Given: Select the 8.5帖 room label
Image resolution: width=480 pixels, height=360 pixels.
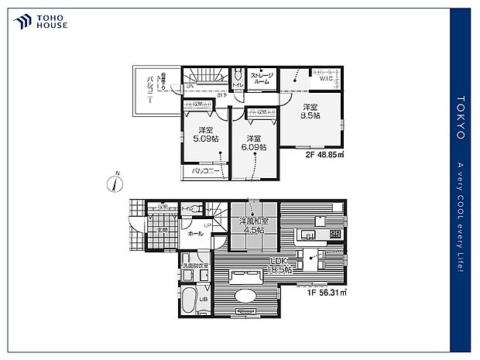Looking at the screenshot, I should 310,111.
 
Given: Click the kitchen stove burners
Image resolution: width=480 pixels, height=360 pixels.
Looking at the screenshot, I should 334,234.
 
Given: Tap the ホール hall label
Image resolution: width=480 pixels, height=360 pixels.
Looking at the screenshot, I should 196,233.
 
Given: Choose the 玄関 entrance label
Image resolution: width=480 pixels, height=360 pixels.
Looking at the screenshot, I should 163,230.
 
